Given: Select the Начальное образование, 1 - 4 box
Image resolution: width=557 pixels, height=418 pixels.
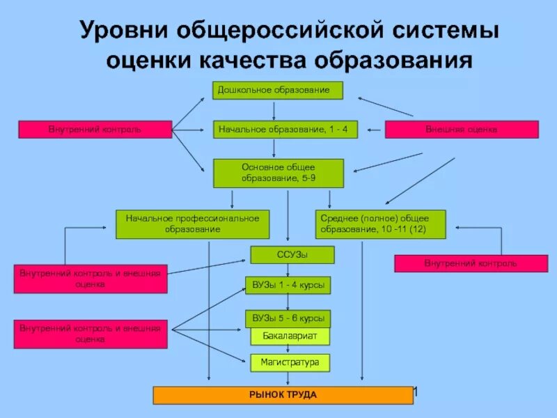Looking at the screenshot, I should (285, 130).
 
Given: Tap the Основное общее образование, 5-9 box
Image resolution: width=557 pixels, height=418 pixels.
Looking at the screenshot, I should (278, 173).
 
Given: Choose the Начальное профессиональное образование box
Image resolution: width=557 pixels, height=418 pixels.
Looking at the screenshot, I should (192, 224).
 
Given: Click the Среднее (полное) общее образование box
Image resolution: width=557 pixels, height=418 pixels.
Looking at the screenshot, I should (380, 224).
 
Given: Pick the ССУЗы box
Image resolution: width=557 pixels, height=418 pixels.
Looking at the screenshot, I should (292, 255).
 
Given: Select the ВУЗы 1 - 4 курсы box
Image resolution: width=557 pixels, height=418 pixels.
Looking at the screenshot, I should (288, 286).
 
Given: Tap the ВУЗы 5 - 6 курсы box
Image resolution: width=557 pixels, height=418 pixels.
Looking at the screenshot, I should (288, 318).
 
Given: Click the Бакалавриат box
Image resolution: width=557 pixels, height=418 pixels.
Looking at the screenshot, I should (290, 336).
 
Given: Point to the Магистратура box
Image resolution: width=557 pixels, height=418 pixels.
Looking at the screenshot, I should (290, 363).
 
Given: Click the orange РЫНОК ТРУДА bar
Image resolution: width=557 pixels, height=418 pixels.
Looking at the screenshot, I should (283, 396).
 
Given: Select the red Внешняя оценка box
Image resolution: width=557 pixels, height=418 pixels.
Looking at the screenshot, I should (462, 130).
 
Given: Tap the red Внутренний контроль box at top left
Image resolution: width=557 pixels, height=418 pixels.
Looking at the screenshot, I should (95, 130).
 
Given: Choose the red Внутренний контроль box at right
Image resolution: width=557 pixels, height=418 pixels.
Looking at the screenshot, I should (471, 263).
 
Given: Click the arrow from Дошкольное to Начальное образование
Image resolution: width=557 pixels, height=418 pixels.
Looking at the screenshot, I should (274, 110).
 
